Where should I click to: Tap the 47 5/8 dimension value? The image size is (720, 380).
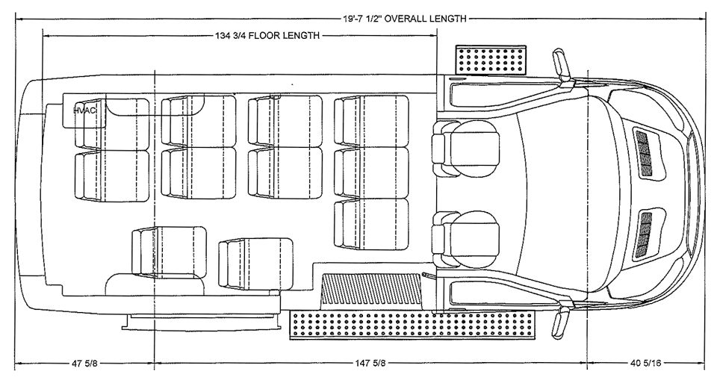click(82, 364)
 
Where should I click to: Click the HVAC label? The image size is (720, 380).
click(85, 110)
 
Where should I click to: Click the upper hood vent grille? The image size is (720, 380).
click(642, 152)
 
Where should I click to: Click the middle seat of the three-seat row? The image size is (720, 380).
click(371, 172)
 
